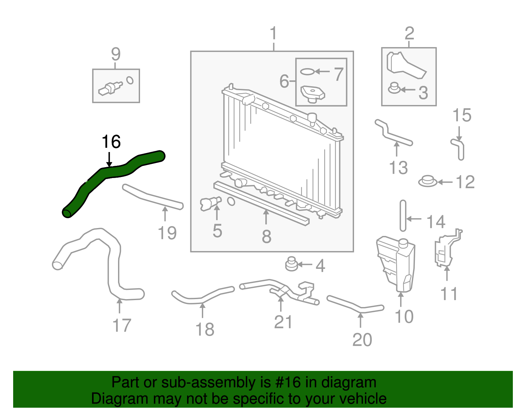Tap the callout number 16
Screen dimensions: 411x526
point(111,142)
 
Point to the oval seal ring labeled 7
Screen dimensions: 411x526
point(307,71)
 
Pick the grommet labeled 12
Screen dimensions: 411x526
point(427,181)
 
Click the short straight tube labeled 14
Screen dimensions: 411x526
point(403,216)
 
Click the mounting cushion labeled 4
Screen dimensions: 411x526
point(291,264)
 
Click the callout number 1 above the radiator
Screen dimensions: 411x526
point(274,34)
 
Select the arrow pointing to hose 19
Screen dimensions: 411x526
point(165,214)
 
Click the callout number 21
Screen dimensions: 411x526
point(283,322)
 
